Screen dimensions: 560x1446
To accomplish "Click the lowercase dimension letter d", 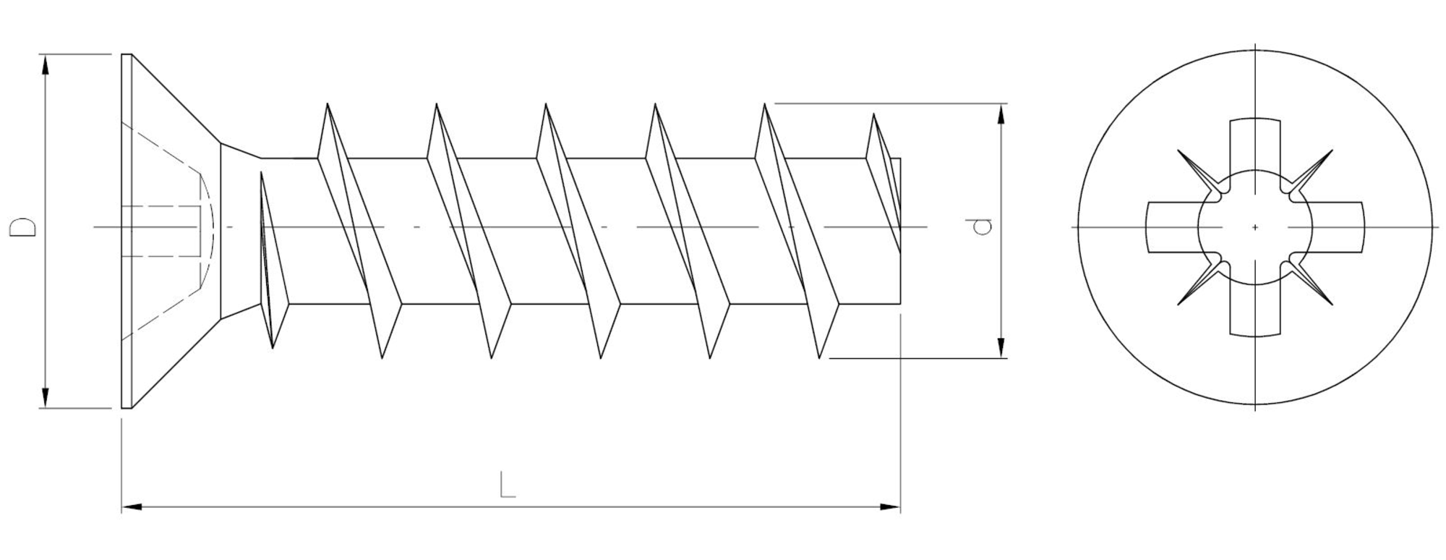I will pyautogui.click(x=981, y=227).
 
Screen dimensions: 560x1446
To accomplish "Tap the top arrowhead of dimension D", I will pyautogui.click(x=46, y=64).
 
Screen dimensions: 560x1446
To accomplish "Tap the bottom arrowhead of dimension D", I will pyautogui.click(x=46, y=398).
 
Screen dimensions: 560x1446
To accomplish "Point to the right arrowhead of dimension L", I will pyautogui.click(x=890, y=507).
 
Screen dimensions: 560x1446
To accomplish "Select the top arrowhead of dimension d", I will pyautogui.click(x=1001, y=114).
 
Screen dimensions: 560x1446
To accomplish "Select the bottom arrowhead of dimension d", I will pyautogui.click(x=1001, y=348).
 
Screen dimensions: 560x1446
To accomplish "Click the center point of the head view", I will pyautogui.click(x=1255, y=228).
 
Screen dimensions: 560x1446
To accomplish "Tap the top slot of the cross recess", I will pyautogui.click(x=1255, y=145).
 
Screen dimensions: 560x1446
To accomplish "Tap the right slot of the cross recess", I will pyautogui.click(x=1338, y=228).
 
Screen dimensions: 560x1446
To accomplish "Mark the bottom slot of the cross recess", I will pyautogui.click(x=1255, y=311).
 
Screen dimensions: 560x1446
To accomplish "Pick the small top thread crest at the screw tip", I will pyautogui.click(x=873, y=116).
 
